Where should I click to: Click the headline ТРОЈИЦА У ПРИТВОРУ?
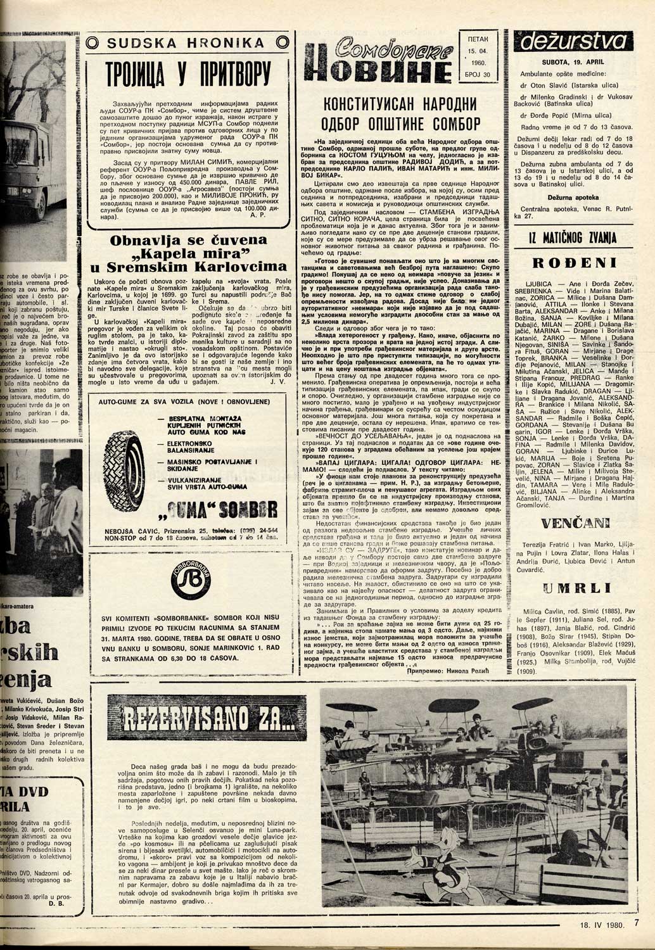(x=189, y=78)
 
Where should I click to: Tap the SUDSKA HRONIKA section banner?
(x=189, y=43)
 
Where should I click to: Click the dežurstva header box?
(x=573, y=42)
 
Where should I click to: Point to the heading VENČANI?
(x=575, y=522)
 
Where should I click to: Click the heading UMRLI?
(x=575, y=588)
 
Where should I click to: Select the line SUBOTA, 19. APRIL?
(x=574, y=64)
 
